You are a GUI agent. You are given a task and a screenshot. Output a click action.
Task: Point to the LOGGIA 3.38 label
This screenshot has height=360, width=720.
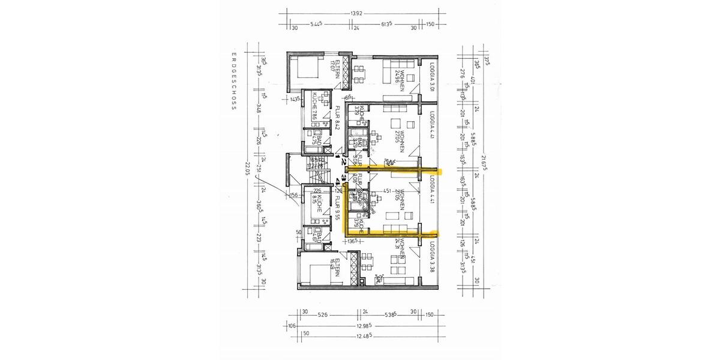pyautogui.click(x=432, y=257)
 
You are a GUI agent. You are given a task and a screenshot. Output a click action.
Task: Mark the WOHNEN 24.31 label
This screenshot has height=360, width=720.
pyautogui.click(x=403, y=250)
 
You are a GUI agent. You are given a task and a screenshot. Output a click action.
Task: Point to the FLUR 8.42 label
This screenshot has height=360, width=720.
pyautogui.click(x=338, y=118)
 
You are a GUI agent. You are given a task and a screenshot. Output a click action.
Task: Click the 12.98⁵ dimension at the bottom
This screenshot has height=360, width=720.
pyautogui.click(x=362, y=326)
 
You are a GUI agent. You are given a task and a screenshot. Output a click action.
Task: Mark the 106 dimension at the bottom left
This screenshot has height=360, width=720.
pyautogui.click(x=292, y=326)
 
